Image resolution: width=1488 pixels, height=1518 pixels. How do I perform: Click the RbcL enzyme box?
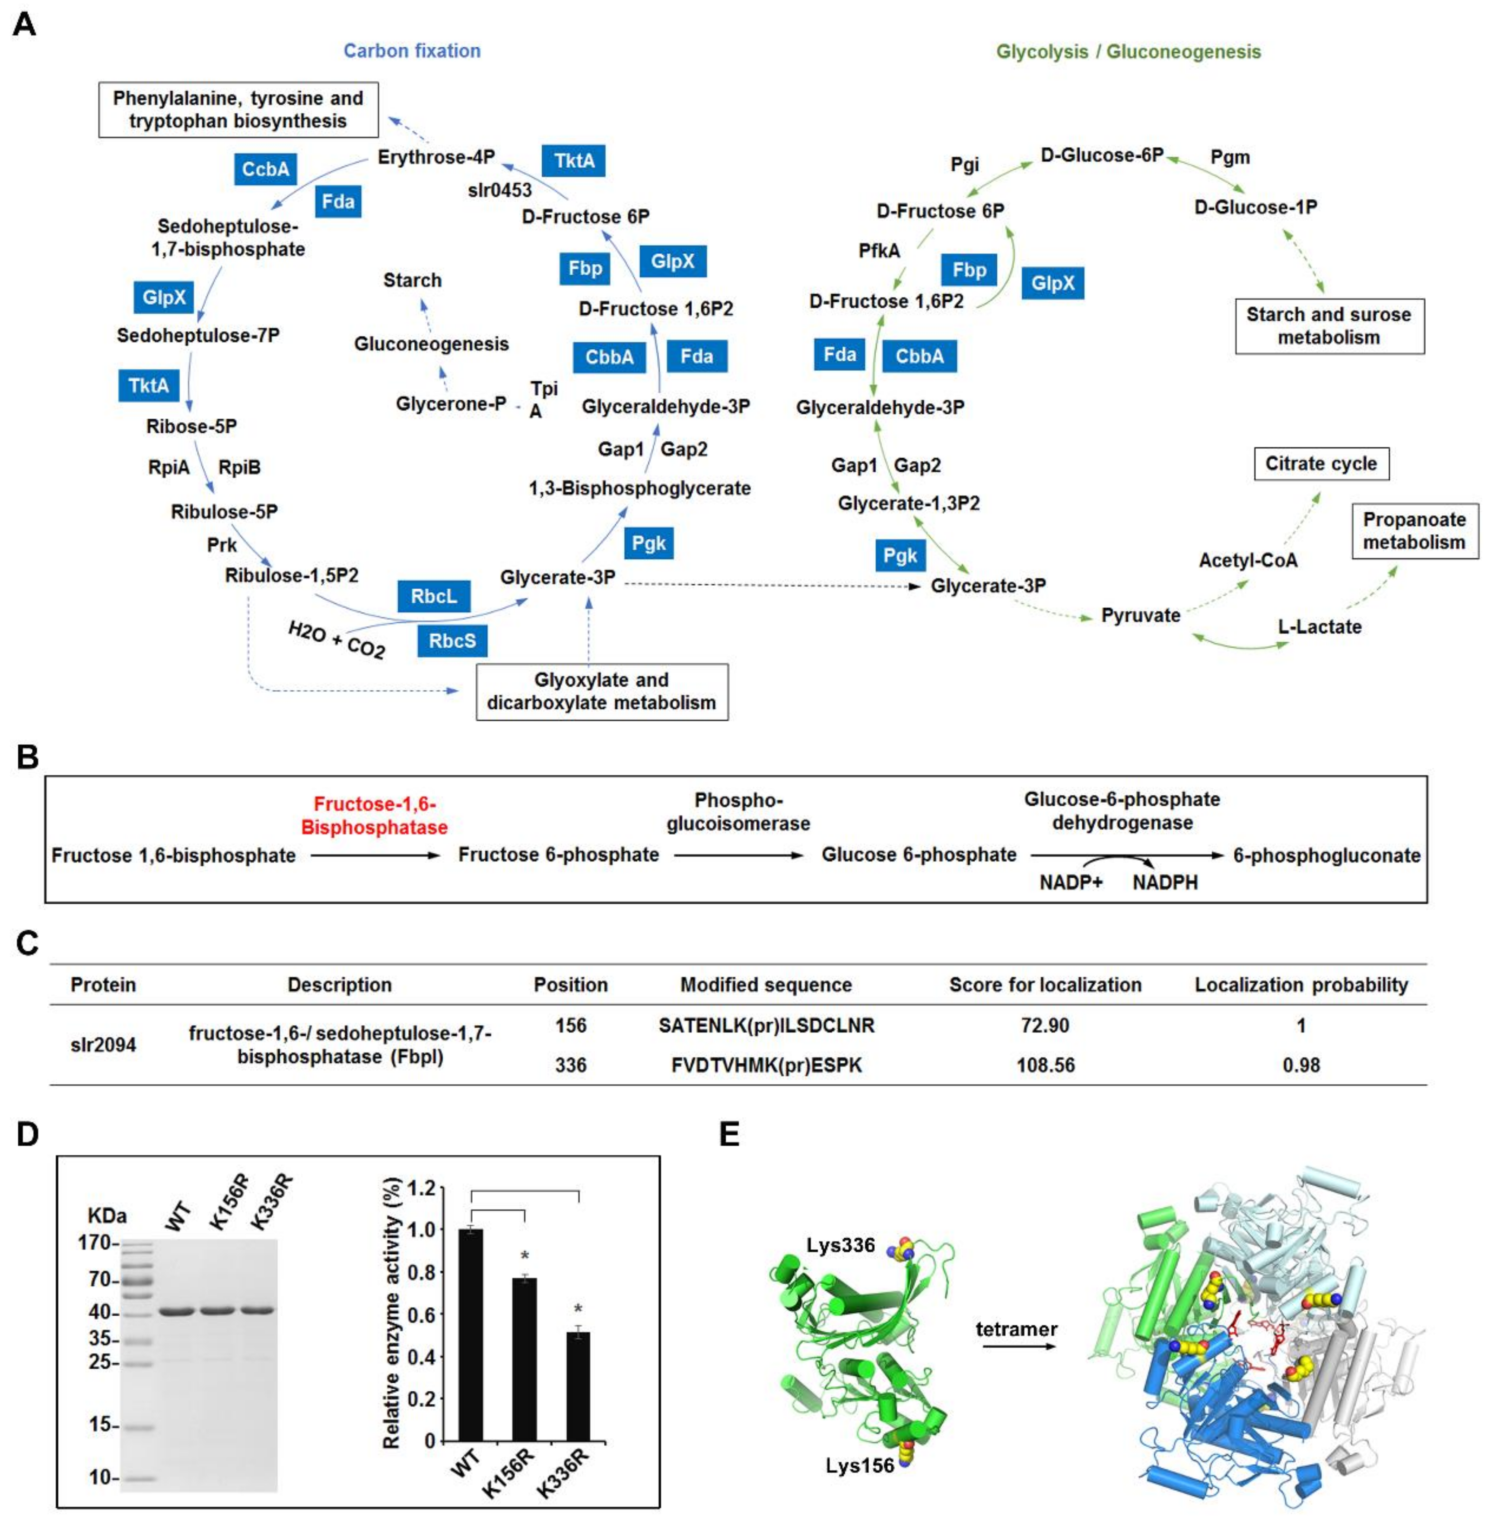[434, 596]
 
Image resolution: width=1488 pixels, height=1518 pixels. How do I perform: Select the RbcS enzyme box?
[452, 641]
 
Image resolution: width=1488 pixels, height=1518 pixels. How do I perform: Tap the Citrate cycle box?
[1321, 463]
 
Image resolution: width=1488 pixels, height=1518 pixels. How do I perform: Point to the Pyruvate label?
[1140, 615]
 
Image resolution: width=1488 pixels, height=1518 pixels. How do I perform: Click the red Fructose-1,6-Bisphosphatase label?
[374, 815]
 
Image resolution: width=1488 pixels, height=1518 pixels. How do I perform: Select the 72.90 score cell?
[1045, 1025]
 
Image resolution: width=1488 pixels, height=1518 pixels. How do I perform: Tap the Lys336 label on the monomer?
[841, 1244]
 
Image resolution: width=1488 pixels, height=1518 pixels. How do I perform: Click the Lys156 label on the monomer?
[860, 1465]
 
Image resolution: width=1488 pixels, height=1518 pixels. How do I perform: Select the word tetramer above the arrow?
[1016, 1328]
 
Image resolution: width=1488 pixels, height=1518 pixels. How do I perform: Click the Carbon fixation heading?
[412, 51]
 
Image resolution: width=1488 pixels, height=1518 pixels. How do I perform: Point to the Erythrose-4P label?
[436, 157]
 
